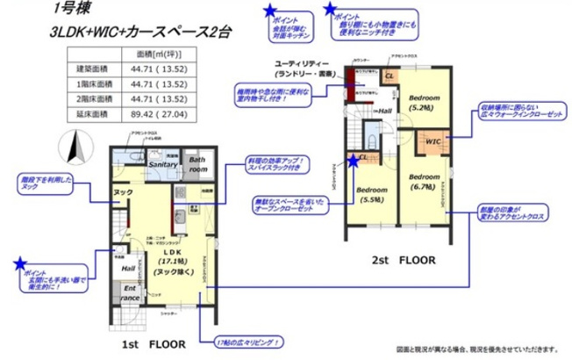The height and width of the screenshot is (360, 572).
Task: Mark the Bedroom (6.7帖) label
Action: coord(425,181)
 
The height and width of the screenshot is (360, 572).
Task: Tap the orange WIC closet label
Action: coord(433,140)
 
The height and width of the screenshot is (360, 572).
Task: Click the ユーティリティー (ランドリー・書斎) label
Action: coord(303,70)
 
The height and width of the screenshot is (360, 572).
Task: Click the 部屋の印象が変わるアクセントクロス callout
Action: coord(512,213)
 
